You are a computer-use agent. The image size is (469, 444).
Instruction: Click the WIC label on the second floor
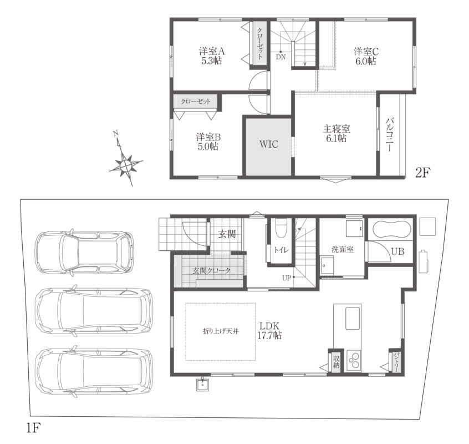click(269, 144)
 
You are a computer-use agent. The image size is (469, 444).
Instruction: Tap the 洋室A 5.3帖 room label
click(212, 56)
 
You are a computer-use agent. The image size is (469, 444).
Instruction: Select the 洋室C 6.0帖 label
click(366, 56)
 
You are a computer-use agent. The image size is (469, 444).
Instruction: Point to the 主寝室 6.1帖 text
click(337, 133)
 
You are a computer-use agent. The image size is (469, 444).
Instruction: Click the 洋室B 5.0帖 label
click(208, 142)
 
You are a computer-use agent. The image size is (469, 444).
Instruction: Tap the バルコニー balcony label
click(389, 134)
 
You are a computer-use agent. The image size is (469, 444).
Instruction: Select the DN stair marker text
click(281, 57)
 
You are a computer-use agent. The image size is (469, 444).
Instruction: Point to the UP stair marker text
click(286, 278)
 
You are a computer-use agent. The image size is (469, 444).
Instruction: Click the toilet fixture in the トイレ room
click(281, 228)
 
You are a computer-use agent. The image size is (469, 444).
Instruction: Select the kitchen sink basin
click(353, 318)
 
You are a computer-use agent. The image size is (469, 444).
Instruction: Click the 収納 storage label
click(336, 361)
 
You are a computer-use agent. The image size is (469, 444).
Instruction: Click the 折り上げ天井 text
click(221, 331)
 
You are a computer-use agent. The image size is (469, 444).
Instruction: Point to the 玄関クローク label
click(211, 271)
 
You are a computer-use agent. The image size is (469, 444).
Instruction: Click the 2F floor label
click(423, 173)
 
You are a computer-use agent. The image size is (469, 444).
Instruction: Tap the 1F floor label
click(33, 428)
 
